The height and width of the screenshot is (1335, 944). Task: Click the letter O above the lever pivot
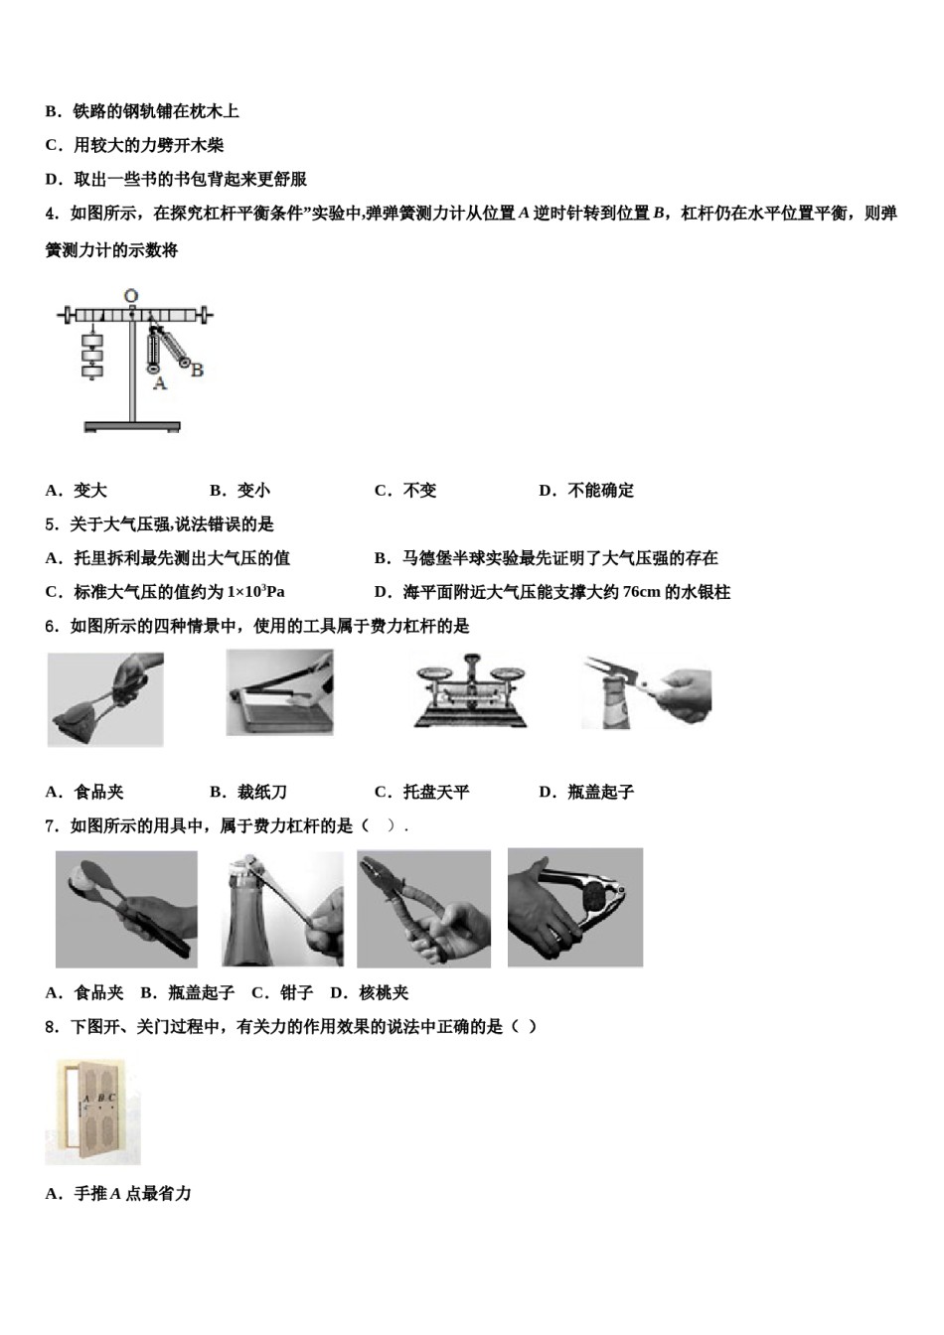131,295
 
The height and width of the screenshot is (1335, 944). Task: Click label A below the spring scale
159,382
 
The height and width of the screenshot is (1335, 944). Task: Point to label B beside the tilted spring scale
197,370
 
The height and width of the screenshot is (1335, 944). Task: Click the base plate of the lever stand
132,426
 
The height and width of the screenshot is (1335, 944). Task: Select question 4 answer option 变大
90,490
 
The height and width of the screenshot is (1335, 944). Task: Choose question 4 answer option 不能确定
600,490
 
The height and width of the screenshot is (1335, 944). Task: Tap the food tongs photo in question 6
105,699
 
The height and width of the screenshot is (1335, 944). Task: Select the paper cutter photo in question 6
279,692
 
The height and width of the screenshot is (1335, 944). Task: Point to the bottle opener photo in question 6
646,692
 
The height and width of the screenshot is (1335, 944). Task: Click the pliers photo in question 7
423,909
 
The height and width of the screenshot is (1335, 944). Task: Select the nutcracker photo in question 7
575,907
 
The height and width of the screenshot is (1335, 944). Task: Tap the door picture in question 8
93,1112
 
